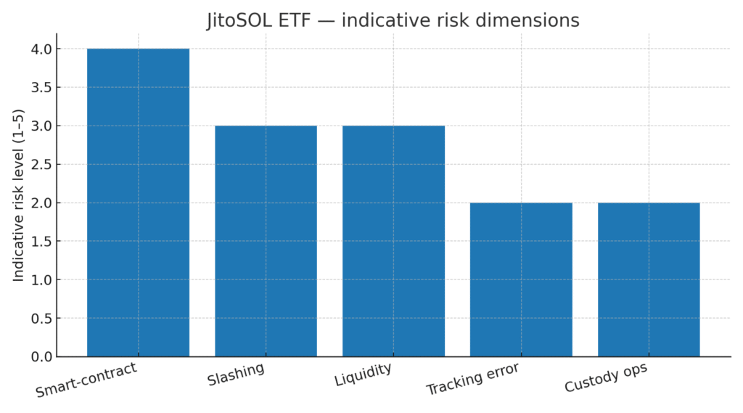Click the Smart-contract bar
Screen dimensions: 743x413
138,203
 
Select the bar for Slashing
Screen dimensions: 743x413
266,241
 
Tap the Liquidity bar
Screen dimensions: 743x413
393,241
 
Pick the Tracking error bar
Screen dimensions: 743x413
521,279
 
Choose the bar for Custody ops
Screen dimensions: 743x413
649,279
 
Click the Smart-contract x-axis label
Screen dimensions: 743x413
86,380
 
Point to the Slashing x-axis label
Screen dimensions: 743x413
236,374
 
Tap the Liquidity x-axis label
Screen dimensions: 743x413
363,374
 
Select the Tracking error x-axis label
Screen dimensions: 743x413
473,378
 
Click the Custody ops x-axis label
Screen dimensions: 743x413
606,377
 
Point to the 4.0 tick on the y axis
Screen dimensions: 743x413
41,49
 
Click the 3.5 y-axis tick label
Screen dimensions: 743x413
41,88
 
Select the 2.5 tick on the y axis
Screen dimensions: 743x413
41,165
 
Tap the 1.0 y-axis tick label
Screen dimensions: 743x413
41,279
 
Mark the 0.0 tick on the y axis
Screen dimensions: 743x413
41,356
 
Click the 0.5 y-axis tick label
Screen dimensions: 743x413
41,318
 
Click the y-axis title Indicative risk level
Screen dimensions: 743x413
18,195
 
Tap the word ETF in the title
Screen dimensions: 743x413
295,20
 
